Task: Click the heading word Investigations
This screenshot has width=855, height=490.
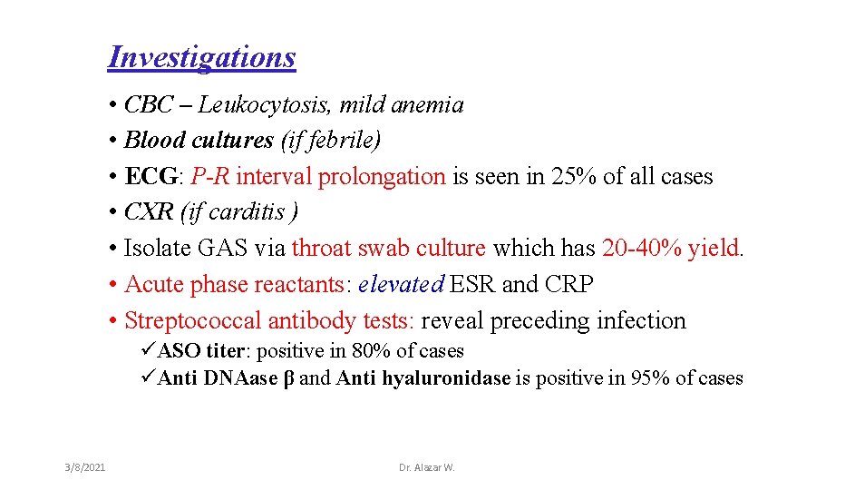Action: (x=201, y=57)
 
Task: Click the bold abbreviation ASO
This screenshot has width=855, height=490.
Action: (x=179, y=351)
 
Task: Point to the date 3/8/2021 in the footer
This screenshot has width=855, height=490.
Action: (x=85, y=467)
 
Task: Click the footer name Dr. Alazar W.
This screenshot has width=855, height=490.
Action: (x=427, y=467)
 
